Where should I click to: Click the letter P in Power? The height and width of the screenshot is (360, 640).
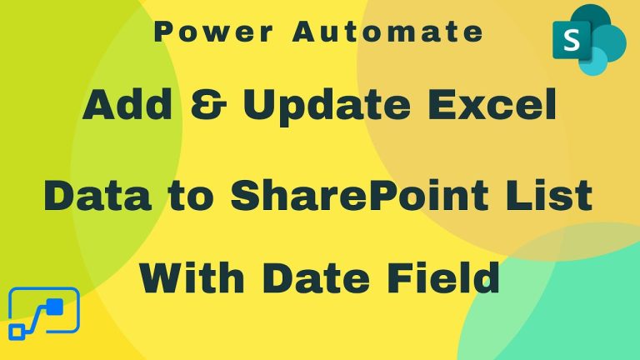coord(162,32)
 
